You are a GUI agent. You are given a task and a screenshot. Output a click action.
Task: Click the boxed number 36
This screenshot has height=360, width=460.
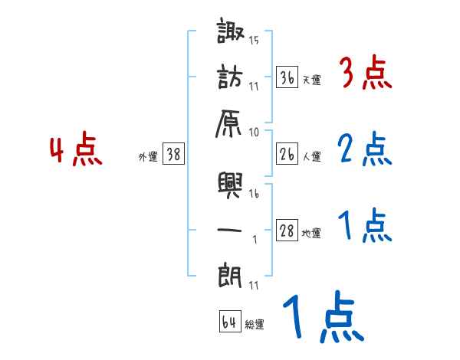pos(287,78)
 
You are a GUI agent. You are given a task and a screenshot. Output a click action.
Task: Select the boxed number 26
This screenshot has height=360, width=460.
pos(287,155)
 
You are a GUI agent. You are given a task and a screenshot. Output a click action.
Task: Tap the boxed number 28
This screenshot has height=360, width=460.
pos(287,231)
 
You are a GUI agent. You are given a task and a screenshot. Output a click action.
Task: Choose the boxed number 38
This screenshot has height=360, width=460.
pos(174,155)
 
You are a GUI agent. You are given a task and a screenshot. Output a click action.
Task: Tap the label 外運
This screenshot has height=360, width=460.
pos(148,157)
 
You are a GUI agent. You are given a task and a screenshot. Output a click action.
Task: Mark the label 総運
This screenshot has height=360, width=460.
pos(255,325)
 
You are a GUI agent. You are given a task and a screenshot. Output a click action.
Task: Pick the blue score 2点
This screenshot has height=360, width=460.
pos(365,149)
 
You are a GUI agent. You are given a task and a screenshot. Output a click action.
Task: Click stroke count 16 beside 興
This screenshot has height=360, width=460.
pos(254,195)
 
